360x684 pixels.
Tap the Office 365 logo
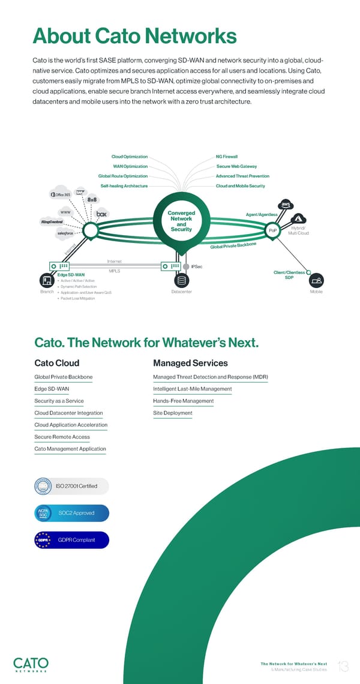tap(61, 194)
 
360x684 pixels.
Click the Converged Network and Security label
tap(181, 221)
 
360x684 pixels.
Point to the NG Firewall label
tap(227, 157)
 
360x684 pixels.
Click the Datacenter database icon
tap(181, 281)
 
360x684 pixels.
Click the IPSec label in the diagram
tap(196, 266)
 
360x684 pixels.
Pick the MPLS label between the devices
tap(115, 271)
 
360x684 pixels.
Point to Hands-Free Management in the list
tap(183, 401)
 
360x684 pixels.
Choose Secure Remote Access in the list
tap(62, 437)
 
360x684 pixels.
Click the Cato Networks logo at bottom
tap(31, 665)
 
